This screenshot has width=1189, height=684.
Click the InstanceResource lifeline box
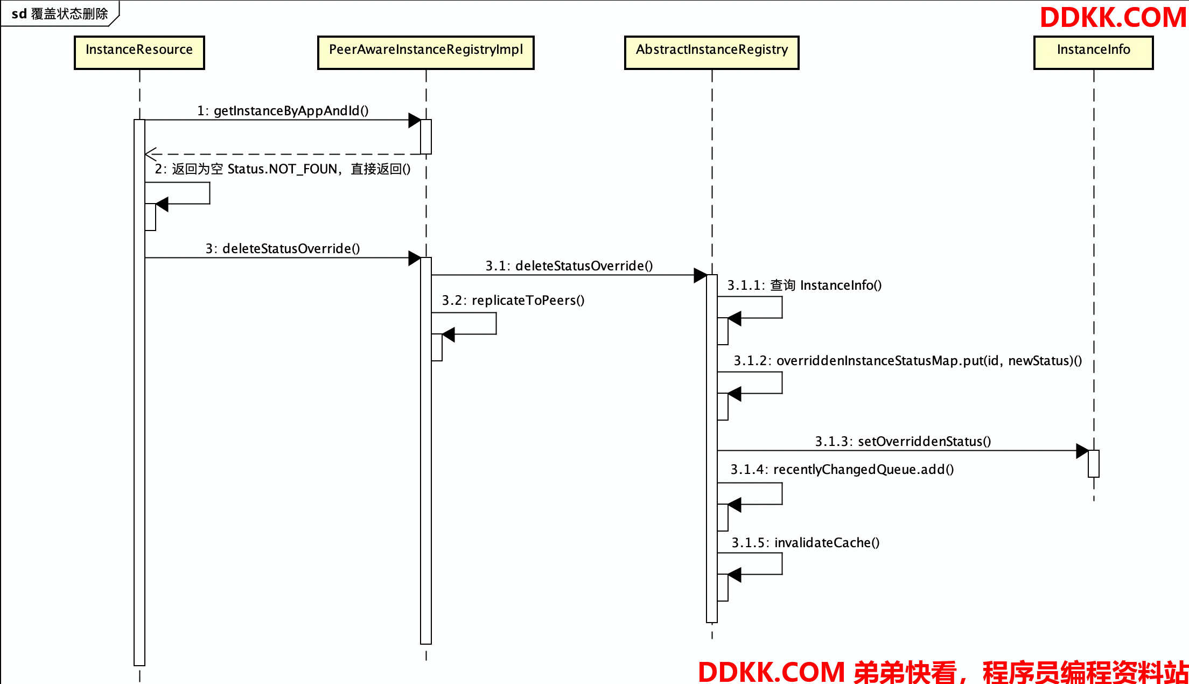(139, 53)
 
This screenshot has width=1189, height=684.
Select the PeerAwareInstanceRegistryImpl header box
(426, 53)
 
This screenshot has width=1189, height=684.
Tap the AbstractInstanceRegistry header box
(712, 53)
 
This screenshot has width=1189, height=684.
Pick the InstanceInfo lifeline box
(1094, 53)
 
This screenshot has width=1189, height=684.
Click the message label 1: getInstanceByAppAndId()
(283, 111)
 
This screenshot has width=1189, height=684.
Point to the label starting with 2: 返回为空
(283, 169)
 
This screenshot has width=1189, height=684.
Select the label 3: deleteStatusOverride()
(283, 249)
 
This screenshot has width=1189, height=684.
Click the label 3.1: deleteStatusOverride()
(569, 266)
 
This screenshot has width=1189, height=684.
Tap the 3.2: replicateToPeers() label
(513, 301)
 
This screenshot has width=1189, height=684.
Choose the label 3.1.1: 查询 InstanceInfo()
(805, 285)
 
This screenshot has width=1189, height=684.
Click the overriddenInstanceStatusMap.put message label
(908, 361)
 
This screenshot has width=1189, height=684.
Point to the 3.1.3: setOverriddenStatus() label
(903, 442)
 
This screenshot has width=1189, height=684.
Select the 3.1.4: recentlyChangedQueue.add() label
(842, 470)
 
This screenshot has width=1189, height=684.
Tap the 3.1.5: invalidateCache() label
(806, 543)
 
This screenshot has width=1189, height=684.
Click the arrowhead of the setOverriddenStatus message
(1082, 451)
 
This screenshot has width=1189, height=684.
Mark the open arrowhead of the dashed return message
(151, 154)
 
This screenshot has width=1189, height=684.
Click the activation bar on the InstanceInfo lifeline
(1094, 464)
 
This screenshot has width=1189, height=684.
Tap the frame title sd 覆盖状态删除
(60, 14)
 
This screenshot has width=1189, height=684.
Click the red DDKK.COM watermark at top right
(1113, 18)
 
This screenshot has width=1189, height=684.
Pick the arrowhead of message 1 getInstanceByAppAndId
(415, 120)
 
